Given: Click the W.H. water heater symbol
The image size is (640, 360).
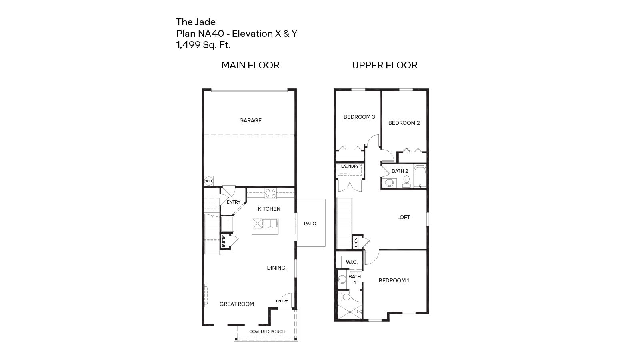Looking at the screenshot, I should point(208,181).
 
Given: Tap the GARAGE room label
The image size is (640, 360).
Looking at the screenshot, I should point(250,120).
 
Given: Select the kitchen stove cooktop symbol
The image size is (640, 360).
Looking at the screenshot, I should point(271,193).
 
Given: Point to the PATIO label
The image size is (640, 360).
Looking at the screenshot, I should point(310,224).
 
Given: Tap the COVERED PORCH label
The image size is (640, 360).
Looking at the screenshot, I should point(267,332).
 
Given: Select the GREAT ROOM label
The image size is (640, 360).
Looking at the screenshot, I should point(237,304).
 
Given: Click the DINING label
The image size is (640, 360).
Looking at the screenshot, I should point(276,268).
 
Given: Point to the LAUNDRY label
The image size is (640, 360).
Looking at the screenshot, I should point(350,166).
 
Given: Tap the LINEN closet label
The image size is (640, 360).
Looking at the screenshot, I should point(356,242).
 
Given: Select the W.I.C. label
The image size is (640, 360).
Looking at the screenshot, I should point(352,262).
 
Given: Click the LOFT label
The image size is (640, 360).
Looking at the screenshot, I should point(403,217).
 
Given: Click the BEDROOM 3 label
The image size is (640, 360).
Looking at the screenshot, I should point(359,117).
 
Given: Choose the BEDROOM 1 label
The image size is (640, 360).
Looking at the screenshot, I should point(394,280).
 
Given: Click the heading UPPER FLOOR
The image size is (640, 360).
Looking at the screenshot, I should point(384,65).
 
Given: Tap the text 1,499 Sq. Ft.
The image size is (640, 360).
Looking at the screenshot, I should point(203,45).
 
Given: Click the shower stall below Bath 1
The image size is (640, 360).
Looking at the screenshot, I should point(349,312).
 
